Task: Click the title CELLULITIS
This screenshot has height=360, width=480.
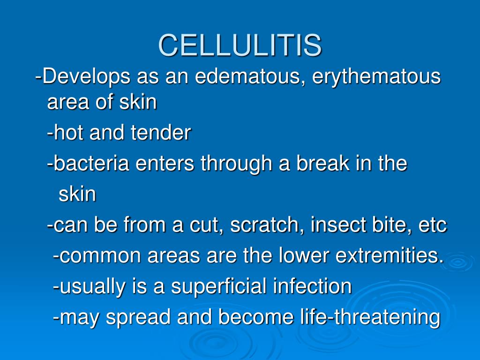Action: coord(240,45)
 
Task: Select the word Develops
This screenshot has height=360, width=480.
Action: coord(86,76)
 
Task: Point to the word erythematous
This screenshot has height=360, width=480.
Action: coord(376,76)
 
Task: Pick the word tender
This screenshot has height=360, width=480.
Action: coord(161,132)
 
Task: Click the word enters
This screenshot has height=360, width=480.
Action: coord(165,164)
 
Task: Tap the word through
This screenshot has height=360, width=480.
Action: coord(236,164)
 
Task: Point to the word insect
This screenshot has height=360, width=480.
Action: coord(338,225)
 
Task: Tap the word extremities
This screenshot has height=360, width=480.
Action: coord(390,255)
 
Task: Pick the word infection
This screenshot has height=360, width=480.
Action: coord(312,286)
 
